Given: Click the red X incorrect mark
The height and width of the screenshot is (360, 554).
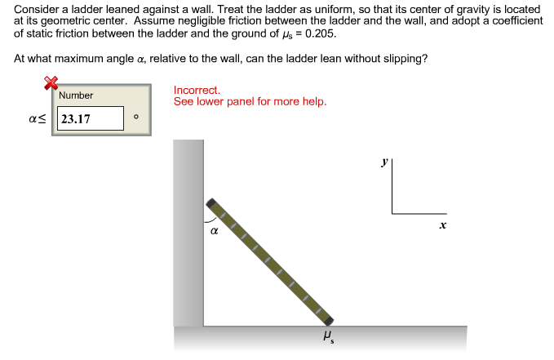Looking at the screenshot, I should [51, 82].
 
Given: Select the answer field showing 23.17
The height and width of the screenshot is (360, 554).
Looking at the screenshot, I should [89, 119].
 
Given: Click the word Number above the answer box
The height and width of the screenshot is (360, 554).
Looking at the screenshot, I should [76, 96].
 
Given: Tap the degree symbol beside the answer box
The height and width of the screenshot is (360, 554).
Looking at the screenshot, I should [136, 118].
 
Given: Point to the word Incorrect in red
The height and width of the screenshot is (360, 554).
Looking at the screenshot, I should [197, 91].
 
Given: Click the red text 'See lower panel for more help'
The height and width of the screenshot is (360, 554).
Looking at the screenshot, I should [250, 102].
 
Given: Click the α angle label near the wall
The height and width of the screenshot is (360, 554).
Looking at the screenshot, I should [214, 231].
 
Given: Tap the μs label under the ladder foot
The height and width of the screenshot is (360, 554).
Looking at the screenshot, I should [328, 335].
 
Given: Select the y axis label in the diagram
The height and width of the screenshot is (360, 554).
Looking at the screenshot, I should [383, 162].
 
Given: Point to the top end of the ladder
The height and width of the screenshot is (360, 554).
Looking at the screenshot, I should [211, 202].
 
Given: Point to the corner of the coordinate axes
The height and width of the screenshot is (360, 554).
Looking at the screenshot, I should [392, 214].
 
